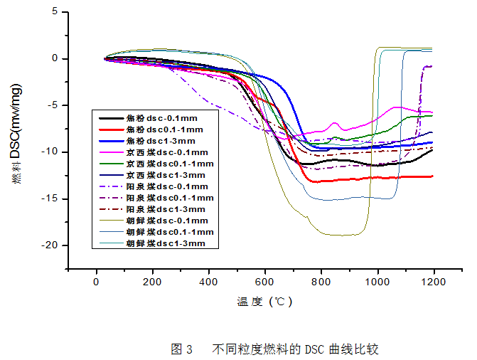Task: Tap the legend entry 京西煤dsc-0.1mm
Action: click(167, 153)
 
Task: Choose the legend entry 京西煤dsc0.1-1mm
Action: click(169, 164)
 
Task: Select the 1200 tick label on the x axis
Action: click(434, 282)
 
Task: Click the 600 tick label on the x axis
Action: click(265, 282)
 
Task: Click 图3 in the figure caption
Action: click(182, 349)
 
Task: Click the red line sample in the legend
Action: click(111, 130)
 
